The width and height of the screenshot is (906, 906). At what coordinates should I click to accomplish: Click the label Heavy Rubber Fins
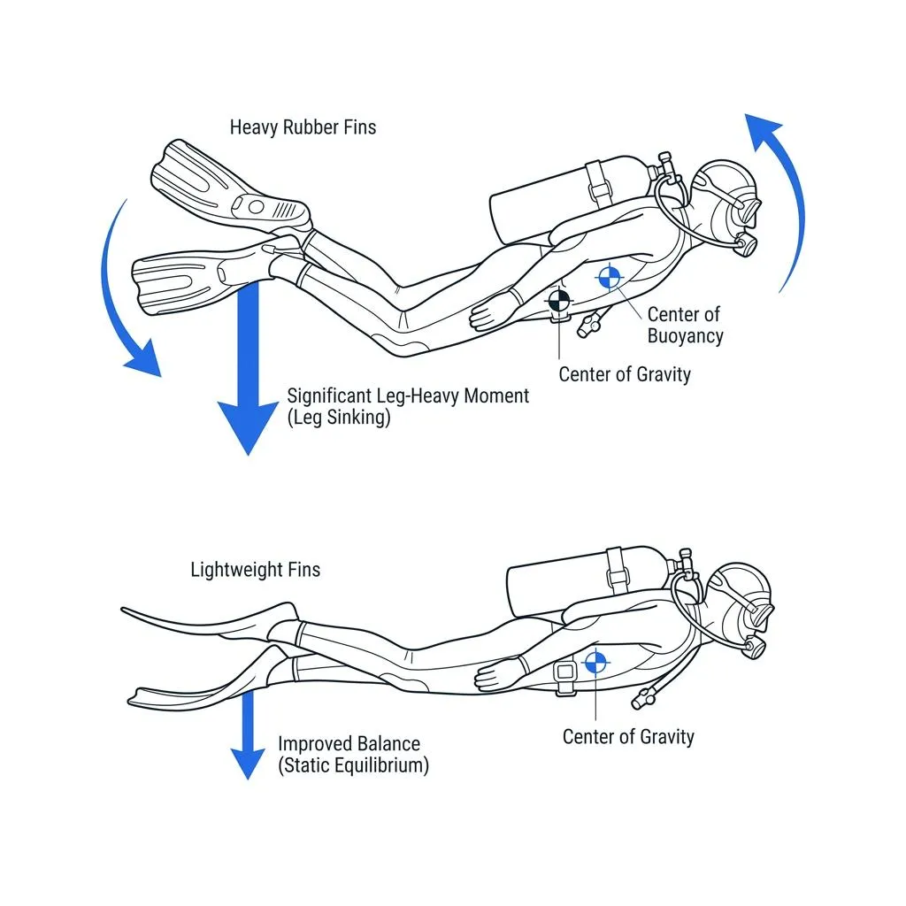[x=303, y=127]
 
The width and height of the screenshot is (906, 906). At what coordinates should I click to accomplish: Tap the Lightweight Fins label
[x=255, y=569]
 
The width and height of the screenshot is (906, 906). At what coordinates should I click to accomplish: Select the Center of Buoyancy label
[x=685, y=325]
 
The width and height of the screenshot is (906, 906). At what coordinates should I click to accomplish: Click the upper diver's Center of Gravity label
[x=624, y=374]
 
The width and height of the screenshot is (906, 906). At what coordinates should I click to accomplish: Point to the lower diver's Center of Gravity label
[x=628, y=736]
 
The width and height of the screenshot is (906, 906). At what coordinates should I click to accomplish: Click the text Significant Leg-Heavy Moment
[x=408, y=395]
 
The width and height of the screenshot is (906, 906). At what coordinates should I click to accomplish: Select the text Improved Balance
[x=349, y=744]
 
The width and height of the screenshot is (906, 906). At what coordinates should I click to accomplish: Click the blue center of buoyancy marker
[x=609, y=278]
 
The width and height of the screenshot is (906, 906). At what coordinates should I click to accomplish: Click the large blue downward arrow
[x=249, y=372]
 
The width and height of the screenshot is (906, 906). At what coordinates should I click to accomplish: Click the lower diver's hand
[x=495, y=676]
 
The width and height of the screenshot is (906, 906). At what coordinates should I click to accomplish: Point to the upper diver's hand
[x=490, y=311]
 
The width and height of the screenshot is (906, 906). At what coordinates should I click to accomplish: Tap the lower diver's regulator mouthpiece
[x=754, y=649]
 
